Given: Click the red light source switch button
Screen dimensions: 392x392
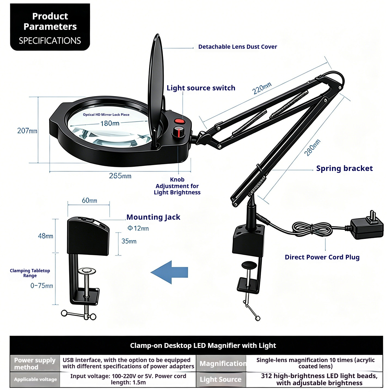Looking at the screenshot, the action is (x=179, y=122).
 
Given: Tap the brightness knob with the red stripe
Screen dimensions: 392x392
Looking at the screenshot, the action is (x=179, y=131).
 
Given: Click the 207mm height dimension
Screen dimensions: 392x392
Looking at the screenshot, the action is (x=27, y=131).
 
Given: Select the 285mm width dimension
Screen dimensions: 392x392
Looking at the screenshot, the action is (x=120, y=176).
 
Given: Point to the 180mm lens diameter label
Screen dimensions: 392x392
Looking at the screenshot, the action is (x=110, y=123).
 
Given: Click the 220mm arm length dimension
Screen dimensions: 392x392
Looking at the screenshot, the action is (x=262, y=88).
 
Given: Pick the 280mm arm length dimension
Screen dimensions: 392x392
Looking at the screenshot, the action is (x=312, y=148).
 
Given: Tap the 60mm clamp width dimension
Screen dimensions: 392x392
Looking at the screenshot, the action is (x=89, y=200).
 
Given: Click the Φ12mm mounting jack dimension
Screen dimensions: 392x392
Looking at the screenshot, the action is (x=138, y=228).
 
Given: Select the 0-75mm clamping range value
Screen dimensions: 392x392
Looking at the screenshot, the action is (x=42, y=286).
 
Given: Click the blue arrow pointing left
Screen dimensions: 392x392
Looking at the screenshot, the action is (x=169, y=272).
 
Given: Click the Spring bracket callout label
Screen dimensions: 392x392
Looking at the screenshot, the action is (x=344, y=169).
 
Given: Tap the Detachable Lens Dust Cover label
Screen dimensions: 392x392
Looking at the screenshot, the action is (x=238, y=47).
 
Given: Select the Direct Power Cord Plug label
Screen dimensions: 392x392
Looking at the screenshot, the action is (x=322, y=257).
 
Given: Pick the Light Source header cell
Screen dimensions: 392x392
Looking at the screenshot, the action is (x=221, y=379).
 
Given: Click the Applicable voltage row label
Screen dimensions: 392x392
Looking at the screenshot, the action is (x=35, y=379).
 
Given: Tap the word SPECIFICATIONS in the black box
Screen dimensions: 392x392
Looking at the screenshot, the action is (x=50, y=41).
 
